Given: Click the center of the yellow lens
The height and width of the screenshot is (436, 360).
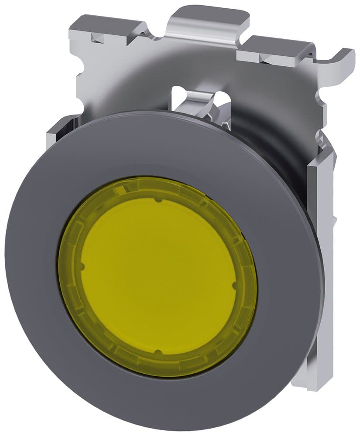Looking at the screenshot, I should [158, 276].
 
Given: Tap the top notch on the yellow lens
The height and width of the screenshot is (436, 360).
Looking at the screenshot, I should [158, 201].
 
